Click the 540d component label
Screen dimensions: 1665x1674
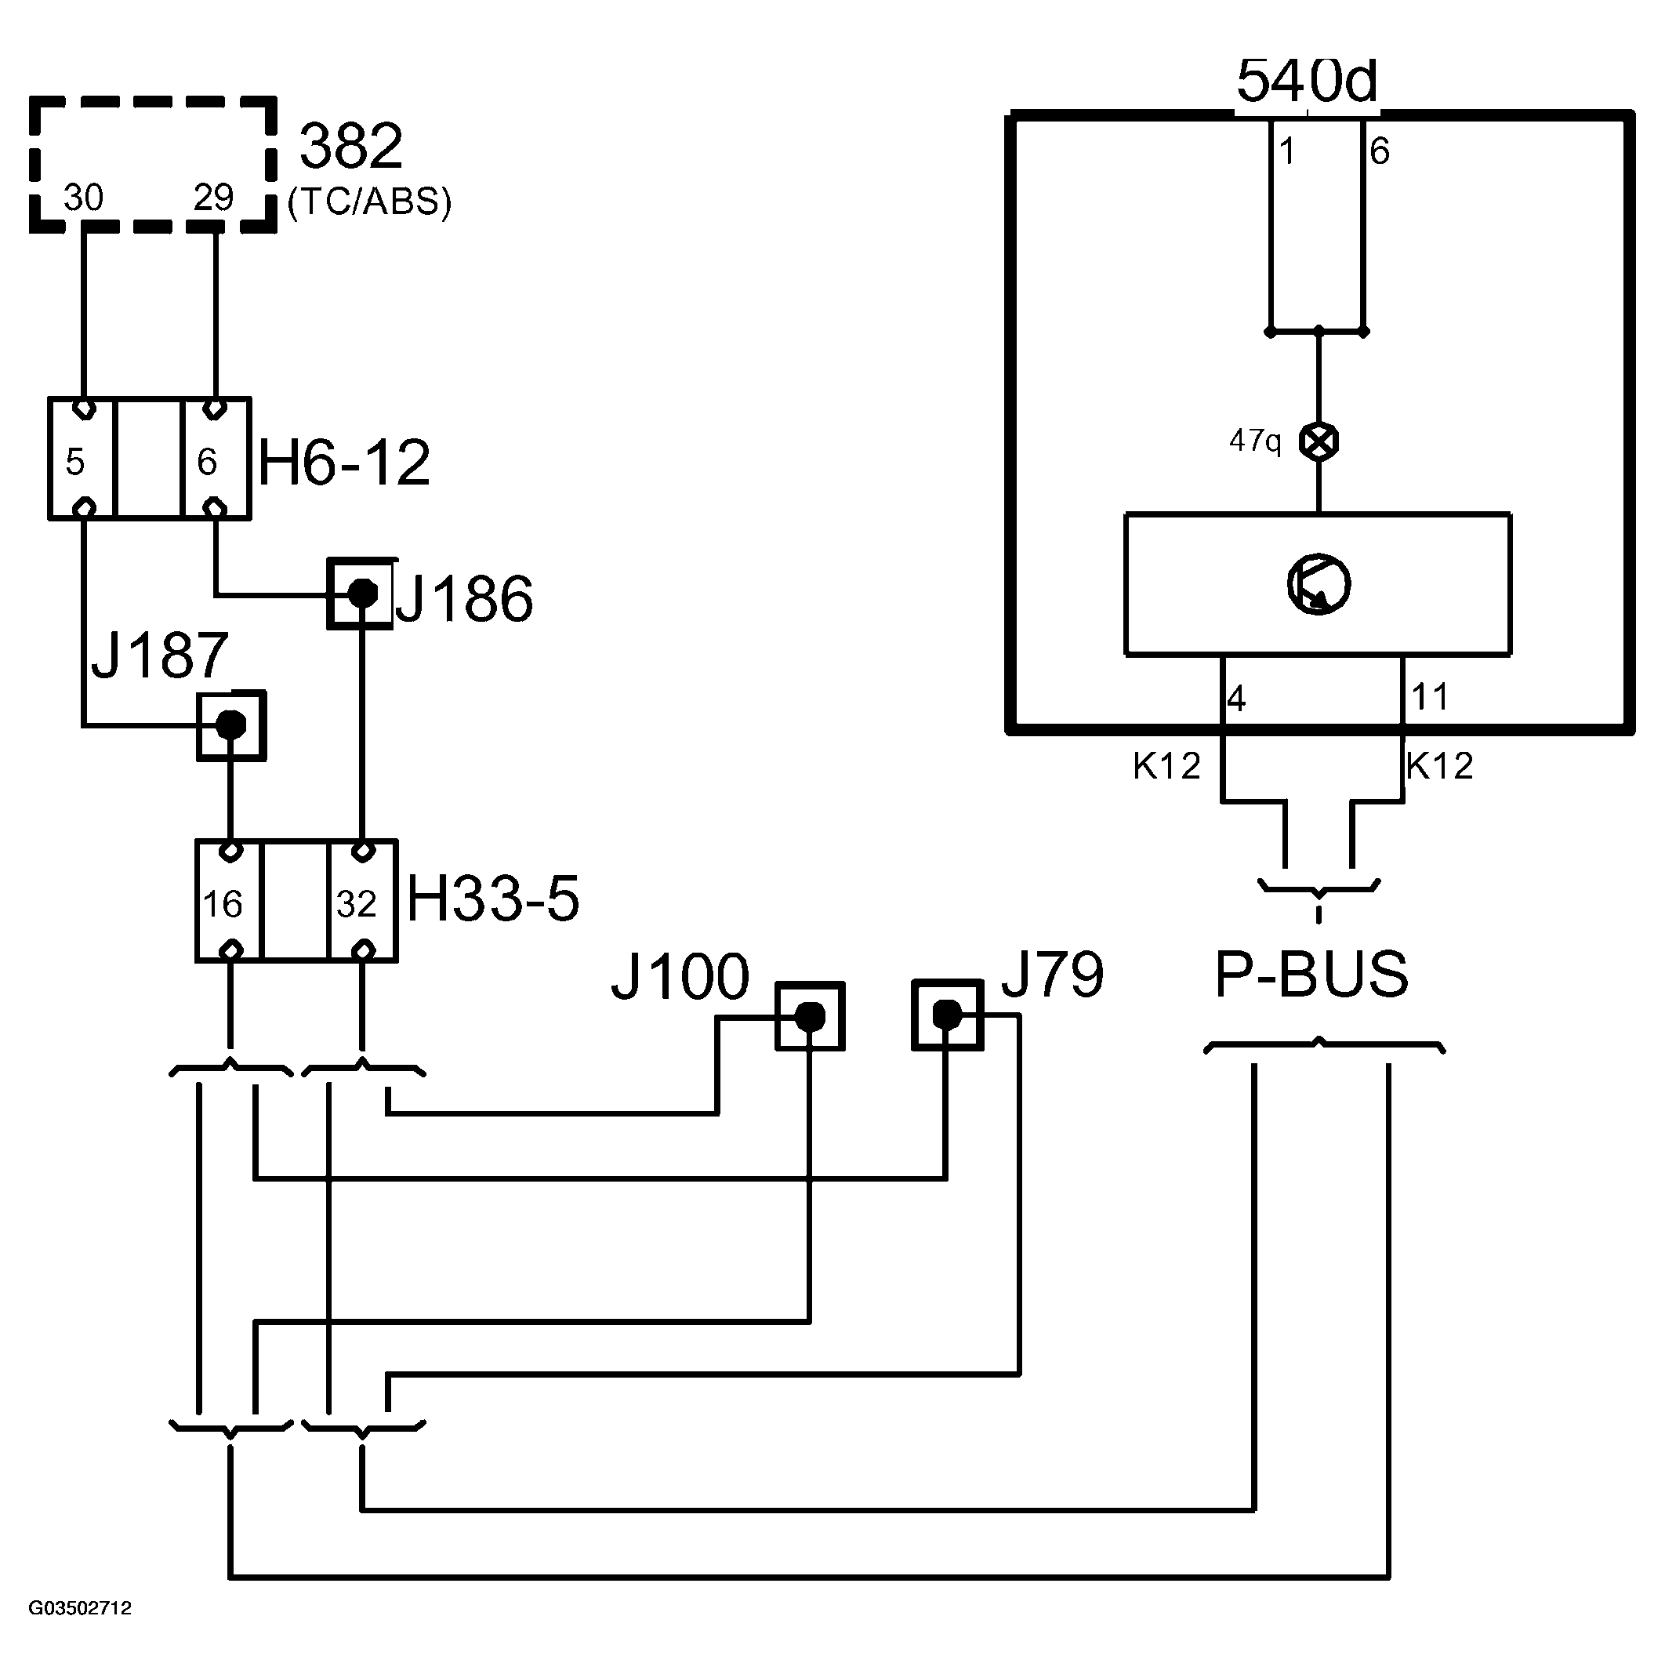(x=1305, y=82)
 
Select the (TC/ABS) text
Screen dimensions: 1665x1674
(x=370, y=202)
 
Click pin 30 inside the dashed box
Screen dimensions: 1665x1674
(x=83, y=198)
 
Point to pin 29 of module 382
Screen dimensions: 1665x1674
(x=213, y=198)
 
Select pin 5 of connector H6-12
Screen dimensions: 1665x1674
(x=75, y=462)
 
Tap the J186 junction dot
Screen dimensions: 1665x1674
(x=362, y=594)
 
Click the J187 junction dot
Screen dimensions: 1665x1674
(x=230, y=724)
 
